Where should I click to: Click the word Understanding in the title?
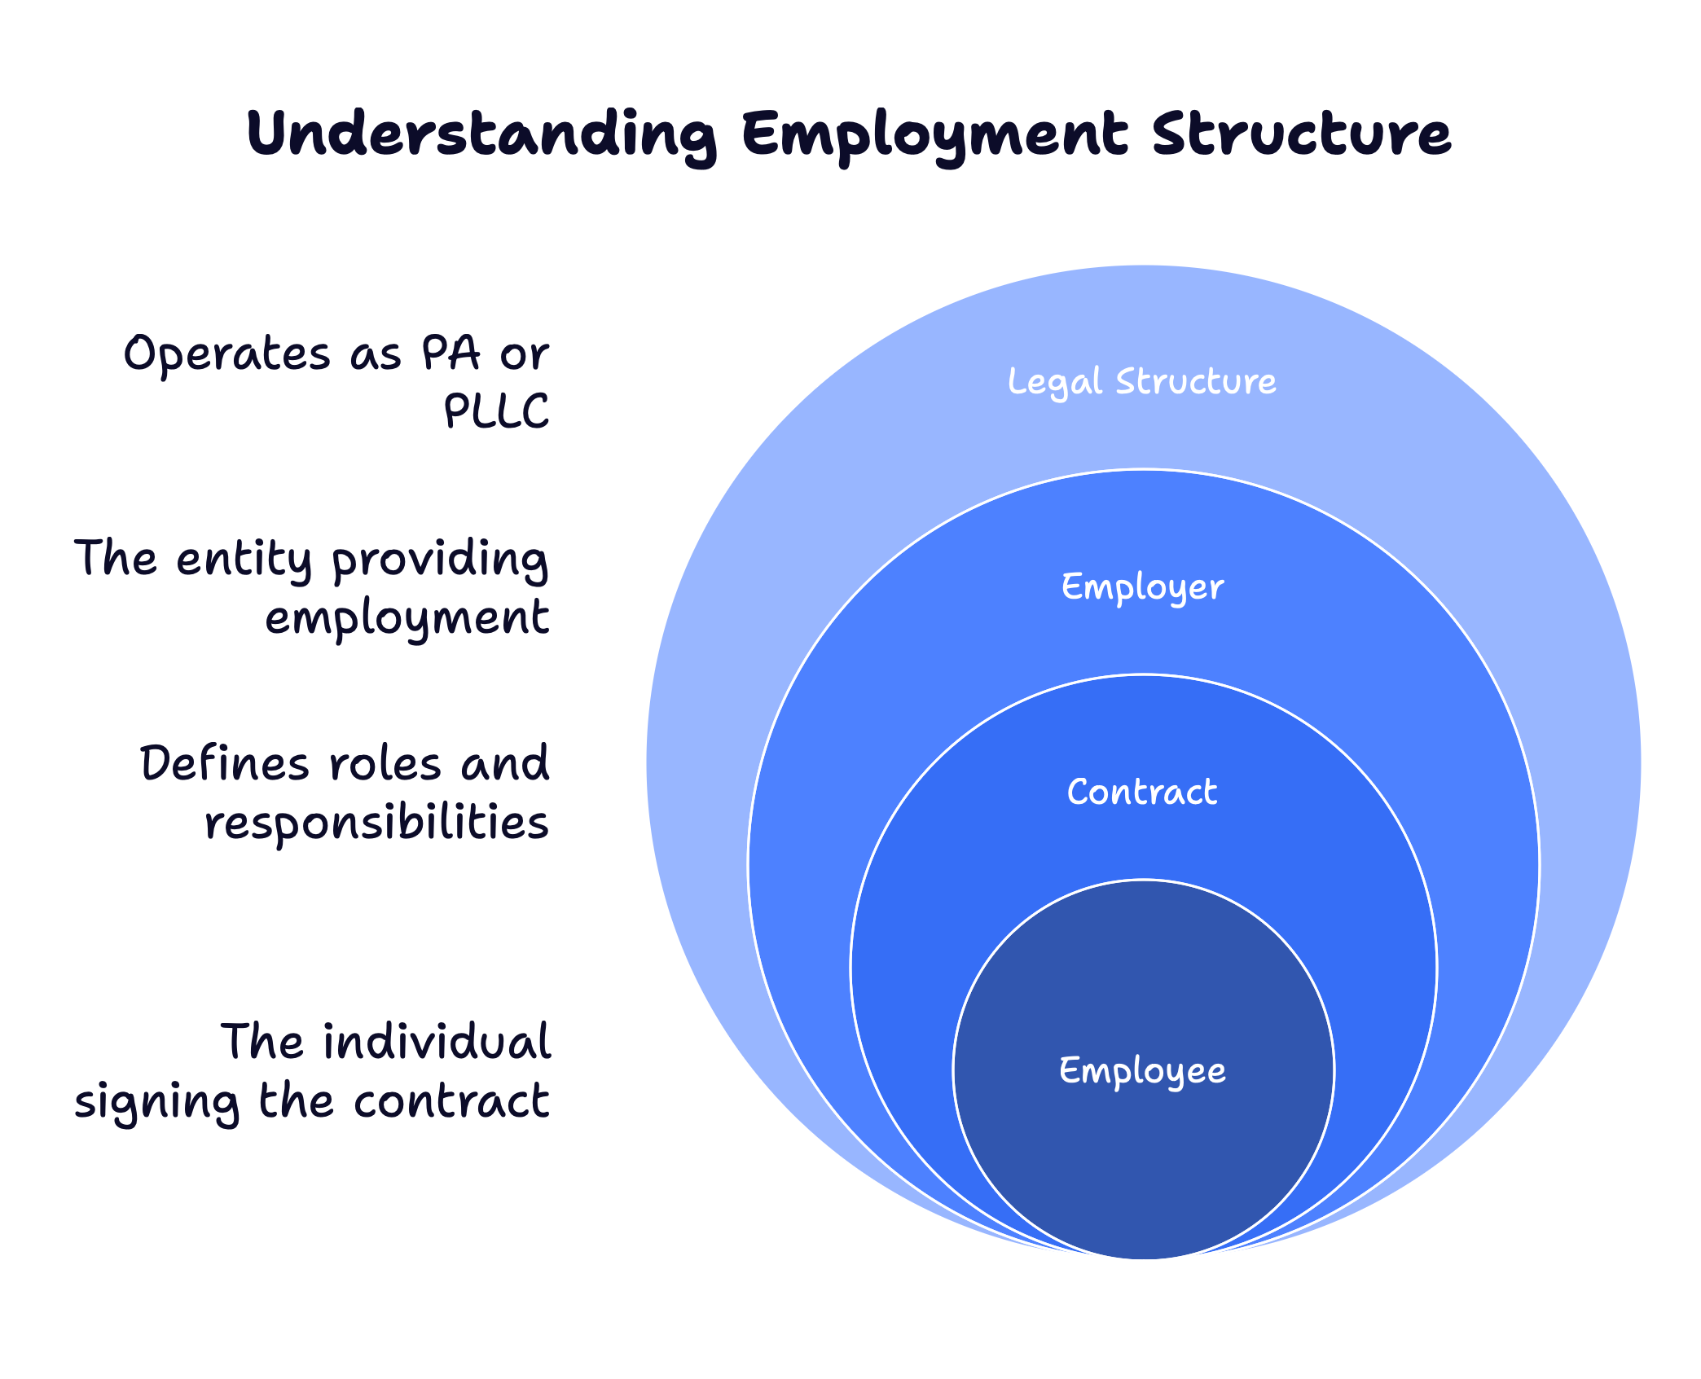click(x=481, y=134)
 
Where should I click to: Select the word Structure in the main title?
click(x=1301, y=134)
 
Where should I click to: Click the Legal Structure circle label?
click(x=1142, y=381)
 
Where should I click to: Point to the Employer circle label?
click(x=1142, y=587)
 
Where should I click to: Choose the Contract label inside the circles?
click(x=1142, y=792)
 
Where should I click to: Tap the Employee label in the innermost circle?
click(x=1142, y=1070)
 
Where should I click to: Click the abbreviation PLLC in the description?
click(x=496, y=411)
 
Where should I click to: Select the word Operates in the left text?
click(x=227, y=355)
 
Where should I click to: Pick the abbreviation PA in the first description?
click(x=451, y=354)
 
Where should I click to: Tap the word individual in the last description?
click(x=437, y=1042)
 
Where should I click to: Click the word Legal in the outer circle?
click(x=1054, y=381)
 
